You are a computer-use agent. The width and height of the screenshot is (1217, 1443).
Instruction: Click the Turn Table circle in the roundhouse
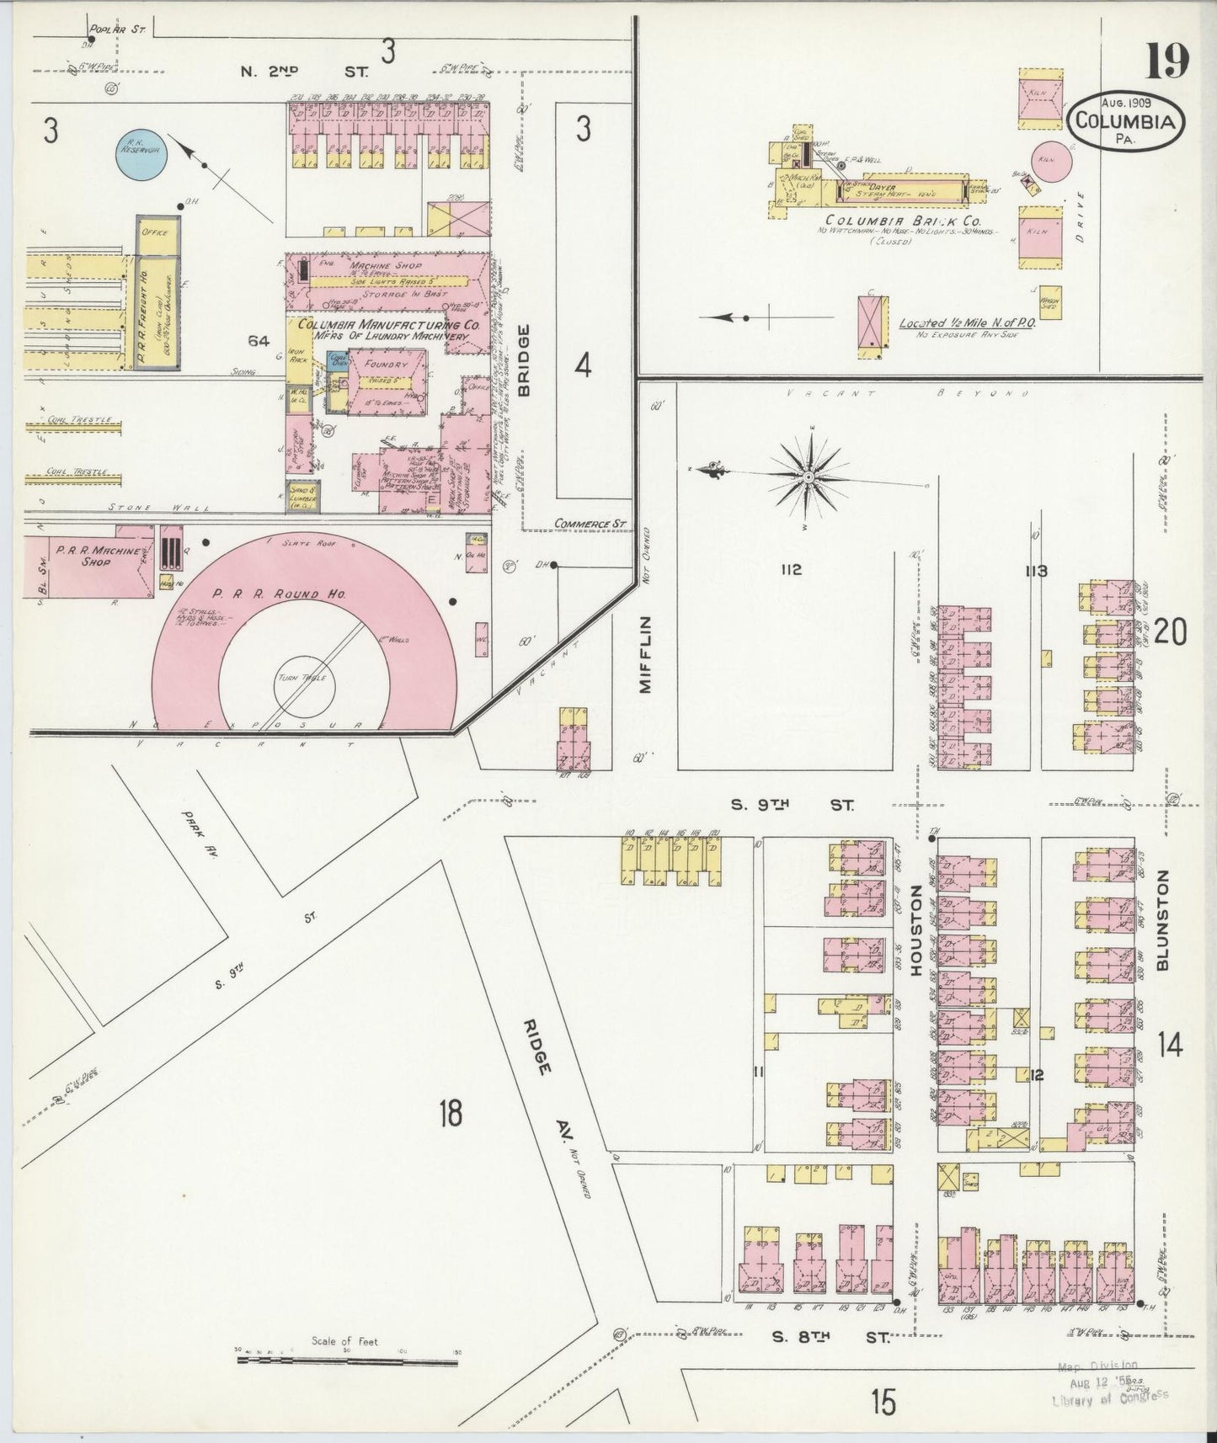(303, 679)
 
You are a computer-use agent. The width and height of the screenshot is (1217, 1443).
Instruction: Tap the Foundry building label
(387, 365)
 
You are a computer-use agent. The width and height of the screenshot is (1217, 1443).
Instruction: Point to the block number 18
(450, 1114)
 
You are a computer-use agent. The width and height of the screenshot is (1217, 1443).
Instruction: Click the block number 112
(789, 570)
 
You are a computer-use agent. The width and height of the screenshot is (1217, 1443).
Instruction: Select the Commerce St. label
(592, 523)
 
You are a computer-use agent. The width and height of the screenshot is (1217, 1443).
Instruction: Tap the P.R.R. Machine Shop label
(86, 556)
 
